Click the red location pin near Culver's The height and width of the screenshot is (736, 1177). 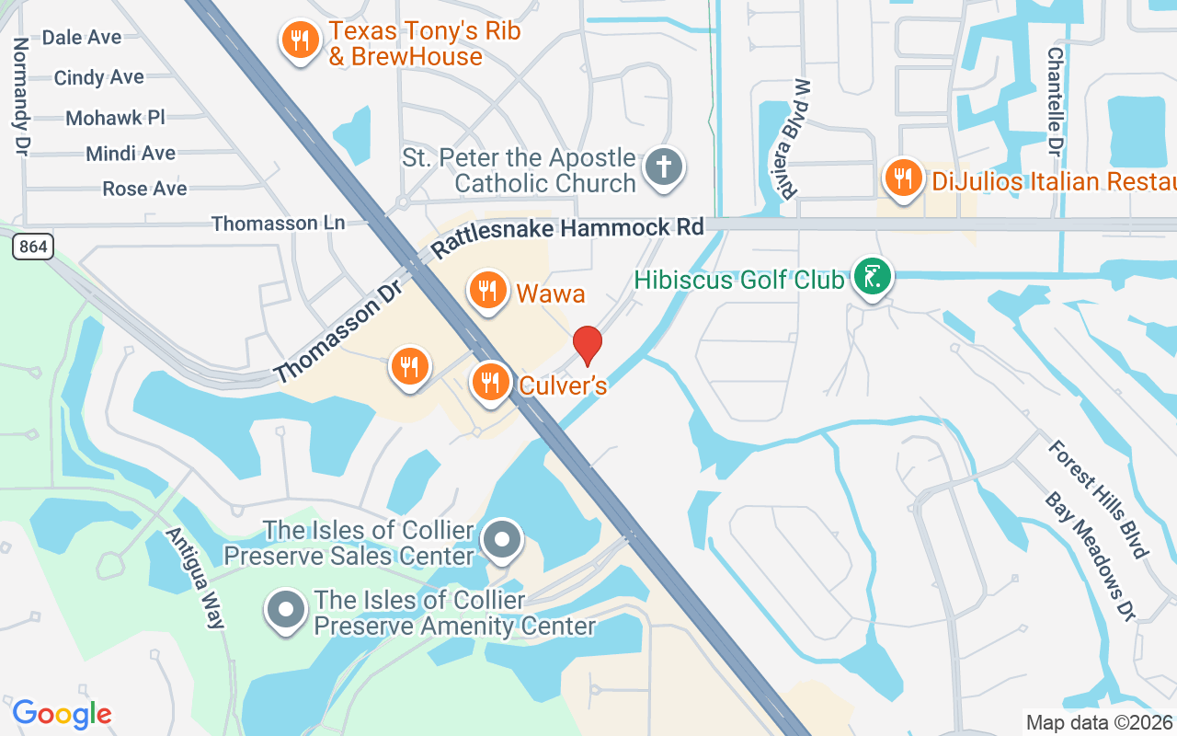pyautogui.click(x=588, y=345)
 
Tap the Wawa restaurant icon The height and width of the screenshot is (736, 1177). pyautogui.click(x=488, y=292)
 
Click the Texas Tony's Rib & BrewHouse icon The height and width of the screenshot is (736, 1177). pyautogui.click(x=300, y=40)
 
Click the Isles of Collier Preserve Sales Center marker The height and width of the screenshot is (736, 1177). pyautogui.click(x=502, y=540)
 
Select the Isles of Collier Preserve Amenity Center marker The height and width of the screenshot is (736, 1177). pyautogui.click(x=285, y=610)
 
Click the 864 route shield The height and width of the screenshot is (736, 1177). pyautogui.click(x=33, y=247)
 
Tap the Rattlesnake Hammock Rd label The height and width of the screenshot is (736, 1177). pyautogui.click(x=567, y=237)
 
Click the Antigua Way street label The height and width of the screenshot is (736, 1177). pyautogui.click(x=195, y=578)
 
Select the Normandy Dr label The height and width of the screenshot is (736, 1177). pyautogui.click(x=20, y=96)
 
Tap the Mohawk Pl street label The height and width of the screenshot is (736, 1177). pyautogui.click(x=115, y=118)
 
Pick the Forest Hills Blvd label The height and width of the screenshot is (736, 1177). pyautogui.click(x=1099, y=499)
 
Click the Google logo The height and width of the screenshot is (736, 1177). pyautogui.click(x=62, y=713)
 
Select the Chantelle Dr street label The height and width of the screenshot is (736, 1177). pyautogui.click(x=1055, y=101)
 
